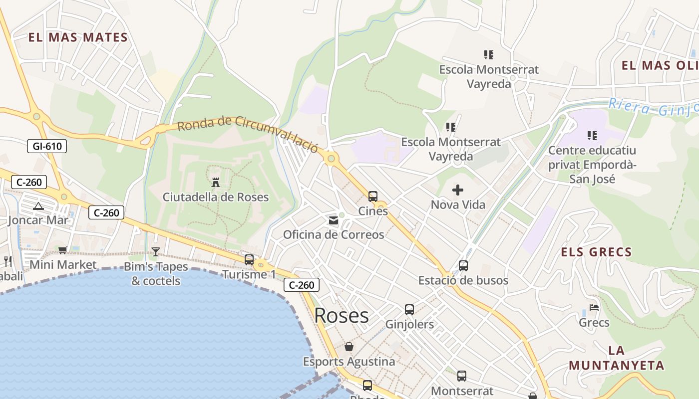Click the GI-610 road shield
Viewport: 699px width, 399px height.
coord(47,146)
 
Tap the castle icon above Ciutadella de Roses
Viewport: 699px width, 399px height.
coord(216,182)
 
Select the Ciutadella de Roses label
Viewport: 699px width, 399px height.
coord(216,197)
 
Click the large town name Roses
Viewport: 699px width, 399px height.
coord(342,315)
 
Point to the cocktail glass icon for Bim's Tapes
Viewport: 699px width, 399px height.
coord(156,252)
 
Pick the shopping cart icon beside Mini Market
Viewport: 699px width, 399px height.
coord(63,250)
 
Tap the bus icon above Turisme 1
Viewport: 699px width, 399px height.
coord(249,260)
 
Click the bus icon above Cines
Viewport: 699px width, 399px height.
coord(373,197)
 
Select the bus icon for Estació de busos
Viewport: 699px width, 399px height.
coord(463,266)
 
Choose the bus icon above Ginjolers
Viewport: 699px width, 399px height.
coord(409,310)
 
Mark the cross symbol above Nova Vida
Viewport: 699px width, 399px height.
coord(458,190)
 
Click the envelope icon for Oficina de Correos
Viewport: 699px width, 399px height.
coord(333,220)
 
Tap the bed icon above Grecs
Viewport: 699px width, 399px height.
coord(594,308)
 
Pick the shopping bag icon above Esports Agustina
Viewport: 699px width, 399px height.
coord(349,347)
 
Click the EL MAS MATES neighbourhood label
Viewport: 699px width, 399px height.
coord(78,37)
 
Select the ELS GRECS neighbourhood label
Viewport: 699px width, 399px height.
coord(596,252)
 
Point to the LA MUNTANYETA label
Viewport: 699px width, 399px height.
coord(617,358)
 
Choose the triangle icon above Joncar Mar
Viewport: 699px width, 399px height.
coord(38,206)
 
